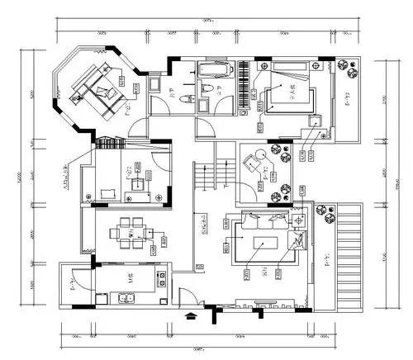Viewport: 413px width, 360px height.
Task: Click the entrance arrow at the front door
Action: click(x=192, y=315)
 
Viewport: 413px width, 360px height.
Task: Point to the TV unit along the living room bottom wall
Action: click(x=263, y=302)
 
